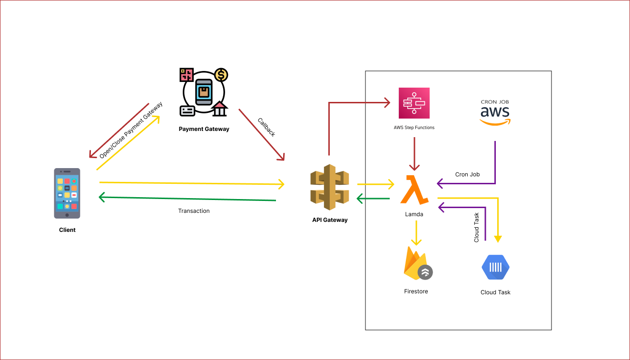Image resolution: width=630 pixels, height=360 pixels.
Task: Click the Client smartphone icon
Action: [x=67, y=193]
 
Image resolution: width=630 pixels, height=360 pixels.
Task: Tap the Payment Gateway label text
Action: [x=204, y=129]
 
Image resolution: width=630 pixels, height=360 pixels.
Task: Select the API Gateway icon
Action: [x=330, y=187]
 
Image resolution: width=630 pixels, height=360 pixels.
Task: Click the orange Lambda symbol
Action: [x=414, y=190]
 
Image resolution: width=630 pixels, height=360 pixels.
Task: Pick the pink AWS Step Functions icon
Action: [x=414, y=103]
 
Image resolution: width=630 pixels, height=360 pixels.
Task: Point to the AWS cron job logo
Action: [x=495, y=112]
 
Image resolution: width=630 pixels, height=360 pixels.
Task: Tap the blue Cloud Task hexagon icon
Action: [x=495, y=268]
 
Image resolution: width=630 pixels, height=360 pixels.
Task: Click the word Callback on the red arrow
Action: [x=266, y=127]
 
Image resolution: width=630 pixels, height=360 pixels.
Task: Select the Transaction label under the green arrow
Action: [x=194, y=211]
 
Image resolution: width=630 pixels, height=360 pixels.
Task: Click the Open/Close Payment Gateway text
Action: [x=131, y=130]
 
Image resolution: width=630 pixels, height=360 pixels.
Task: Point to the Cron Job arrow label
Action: [x=467, y=174]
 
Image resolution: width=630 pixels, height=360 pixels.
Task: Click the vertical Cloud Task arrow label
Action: [x=477, y=228]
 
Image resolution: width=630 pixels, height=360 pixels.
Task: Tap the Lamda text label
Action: [x=414, y=214]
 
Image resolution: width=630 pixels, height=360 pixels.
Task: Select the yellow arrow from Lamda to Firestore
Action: [x=416, y=233]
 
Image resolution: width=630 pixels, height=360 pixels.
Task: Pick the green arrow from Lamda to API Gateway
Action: [x=374, y=199]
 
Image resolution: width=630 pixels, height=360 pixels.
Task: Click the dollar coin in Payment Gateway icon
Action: [x=221, y=75]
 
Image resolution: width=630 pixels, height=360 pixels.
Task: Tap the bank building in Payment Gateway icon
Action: [x=219, y=109]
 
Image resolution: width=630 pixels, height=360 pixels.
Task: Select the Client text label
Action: [x=67, y=230]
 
